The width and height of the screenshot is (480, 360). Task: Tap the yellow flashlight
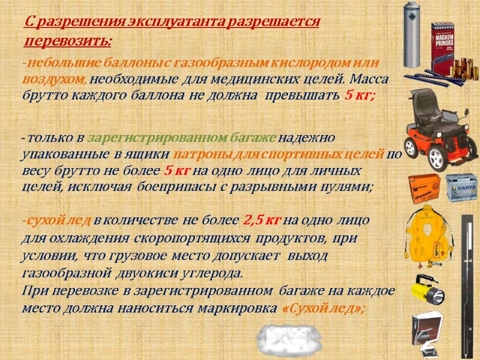(x=425, y=290)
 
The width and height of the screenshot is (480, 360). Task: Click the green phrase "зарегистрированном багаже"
(x=185, y=137)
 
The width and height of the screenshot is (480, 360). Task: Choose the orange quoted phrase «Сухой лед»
(x=323, y=308)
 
